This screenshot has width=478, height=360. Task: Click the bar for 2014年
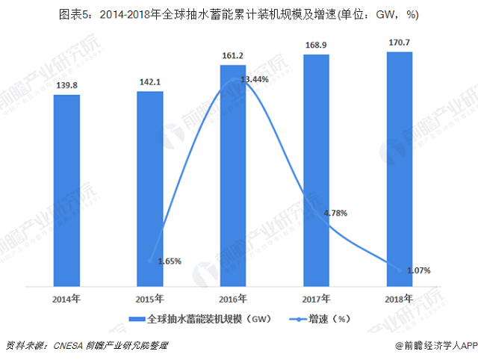pyautogui.click(x=66, y=190)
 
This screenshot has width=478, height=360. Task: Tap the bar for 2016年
pyautogui.click(x=233, y=176)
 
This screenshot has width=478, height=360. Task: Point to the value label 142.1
pyautogui.click(x=150, y=83)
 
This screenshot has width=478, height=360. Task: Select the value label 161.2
pyautogui.click(x=233, y=56)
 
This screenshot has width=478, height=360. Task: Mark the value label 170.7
pyautogui.click(x=400, y=43)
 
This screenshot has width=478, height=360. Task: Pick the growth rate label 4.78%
pyautogui.click(x=335, y=214)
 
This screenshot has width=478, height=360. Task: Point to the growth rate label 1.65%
pyautogui.click(x=170, y=261)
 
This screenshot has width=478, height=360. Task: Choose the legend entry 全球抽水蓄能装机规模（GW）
pyautogui.click(x=197, y=320)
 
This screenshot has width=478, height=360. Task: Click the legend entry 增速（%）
pyautogui.click(x=323, y=320)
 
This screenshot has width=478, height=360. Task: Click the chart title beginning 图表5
pyautogui.click(x=239, y=13)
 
